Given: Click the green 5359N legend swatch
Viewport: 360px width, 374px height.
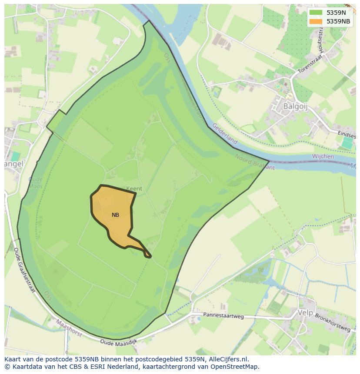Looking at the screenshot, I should pyautogui.click(x=316, y=13).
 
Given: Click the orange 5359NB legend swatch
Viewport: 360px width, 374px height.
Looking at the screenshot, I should pyautogui.click(x=316, y=21).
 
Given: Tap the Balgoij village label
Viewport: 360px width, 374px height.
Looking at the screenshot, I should pyautogui.click(x=295, y=106).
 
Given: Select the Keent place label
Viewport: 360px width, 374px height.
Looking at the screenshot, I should pyautogui.click(x=134, y=189).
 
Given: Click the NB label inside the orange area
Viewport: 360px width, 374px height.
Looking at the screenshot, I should pyautogui.click(x=115, y=215).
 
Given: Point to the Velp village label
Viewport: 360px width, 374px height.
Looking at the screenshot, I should pyautogui.click(x=305, y=312).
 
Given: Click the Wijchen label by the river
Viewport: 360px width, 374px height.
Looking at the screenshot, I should pyautogui.click(x=323, y=156).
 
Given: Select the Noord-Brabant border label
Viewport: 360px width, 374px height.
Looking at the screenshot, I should pyautogui.click(x=255, y=162).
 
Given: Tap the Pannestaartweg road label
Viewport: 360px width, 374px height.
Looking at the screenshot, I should pyautogui.click(x=223, y=316).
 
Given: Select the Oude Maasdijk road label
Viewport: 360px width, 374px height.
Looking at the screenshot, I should pyautogui.click(x=118, y=343).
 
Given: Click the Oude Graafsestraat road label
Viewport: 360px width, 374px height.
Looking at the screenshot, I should pyautogui.click(x=24, y=270).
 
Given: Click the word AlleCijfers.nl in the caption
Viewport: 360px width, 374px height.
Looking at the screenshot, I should pyautogui.click(x=227, y=359).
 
